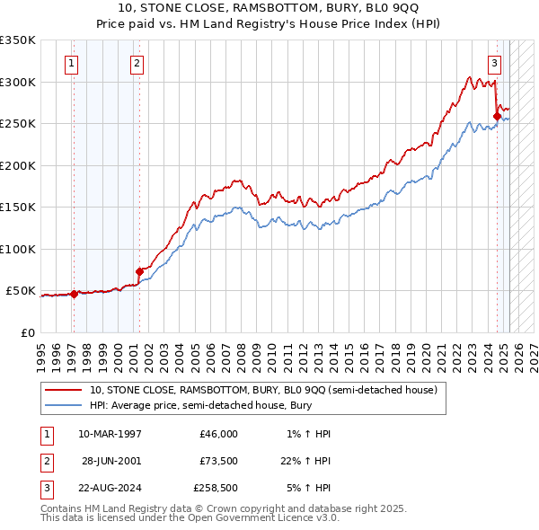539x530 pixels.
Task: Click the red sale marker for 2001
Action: pyautogui.click(x=139, y=271)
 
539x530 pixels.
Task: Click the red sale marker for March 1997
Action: pyautogui.click(x=74, y=294)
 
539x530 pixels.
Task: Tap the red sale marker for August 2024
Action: pyautogui.click(x=497, y=115)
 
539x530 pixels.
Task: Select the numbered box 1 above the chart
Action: pyautogui.click(x=71, y=63)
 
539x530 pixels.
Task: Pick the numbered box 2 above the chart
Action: pyautogui.click(x=137, y=63)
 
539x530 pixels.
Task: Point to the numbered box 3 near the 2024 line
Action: pyautogui.click(x=495, y=63)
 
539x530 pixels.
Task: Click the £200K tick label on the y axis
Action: pyautogui.click(x=18, y=165)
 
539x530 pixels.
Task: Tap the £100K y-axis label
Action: pyautogui.click(x=18, y=249)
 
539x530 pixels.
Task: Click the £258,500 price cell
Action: pyautogui.click(x=216, y=490)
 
